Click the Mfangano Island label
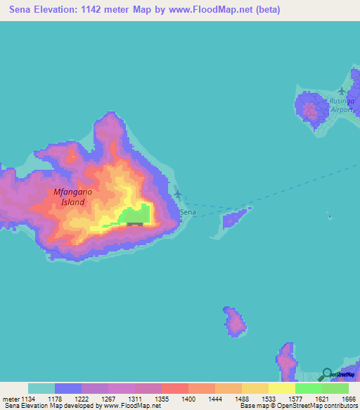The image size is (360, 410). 69,197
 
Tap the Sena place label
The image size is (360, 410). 188,212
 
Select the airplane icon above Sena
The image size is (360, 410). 177,194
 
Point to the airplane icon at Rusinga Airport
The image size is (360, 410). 342,92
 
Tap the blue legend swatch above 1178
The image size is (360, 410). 68,388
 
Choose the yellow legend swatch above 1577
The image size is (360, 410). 281,388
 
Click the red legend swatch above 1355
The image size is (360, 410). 174,388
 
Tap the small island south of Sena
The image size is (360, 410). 234,321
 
